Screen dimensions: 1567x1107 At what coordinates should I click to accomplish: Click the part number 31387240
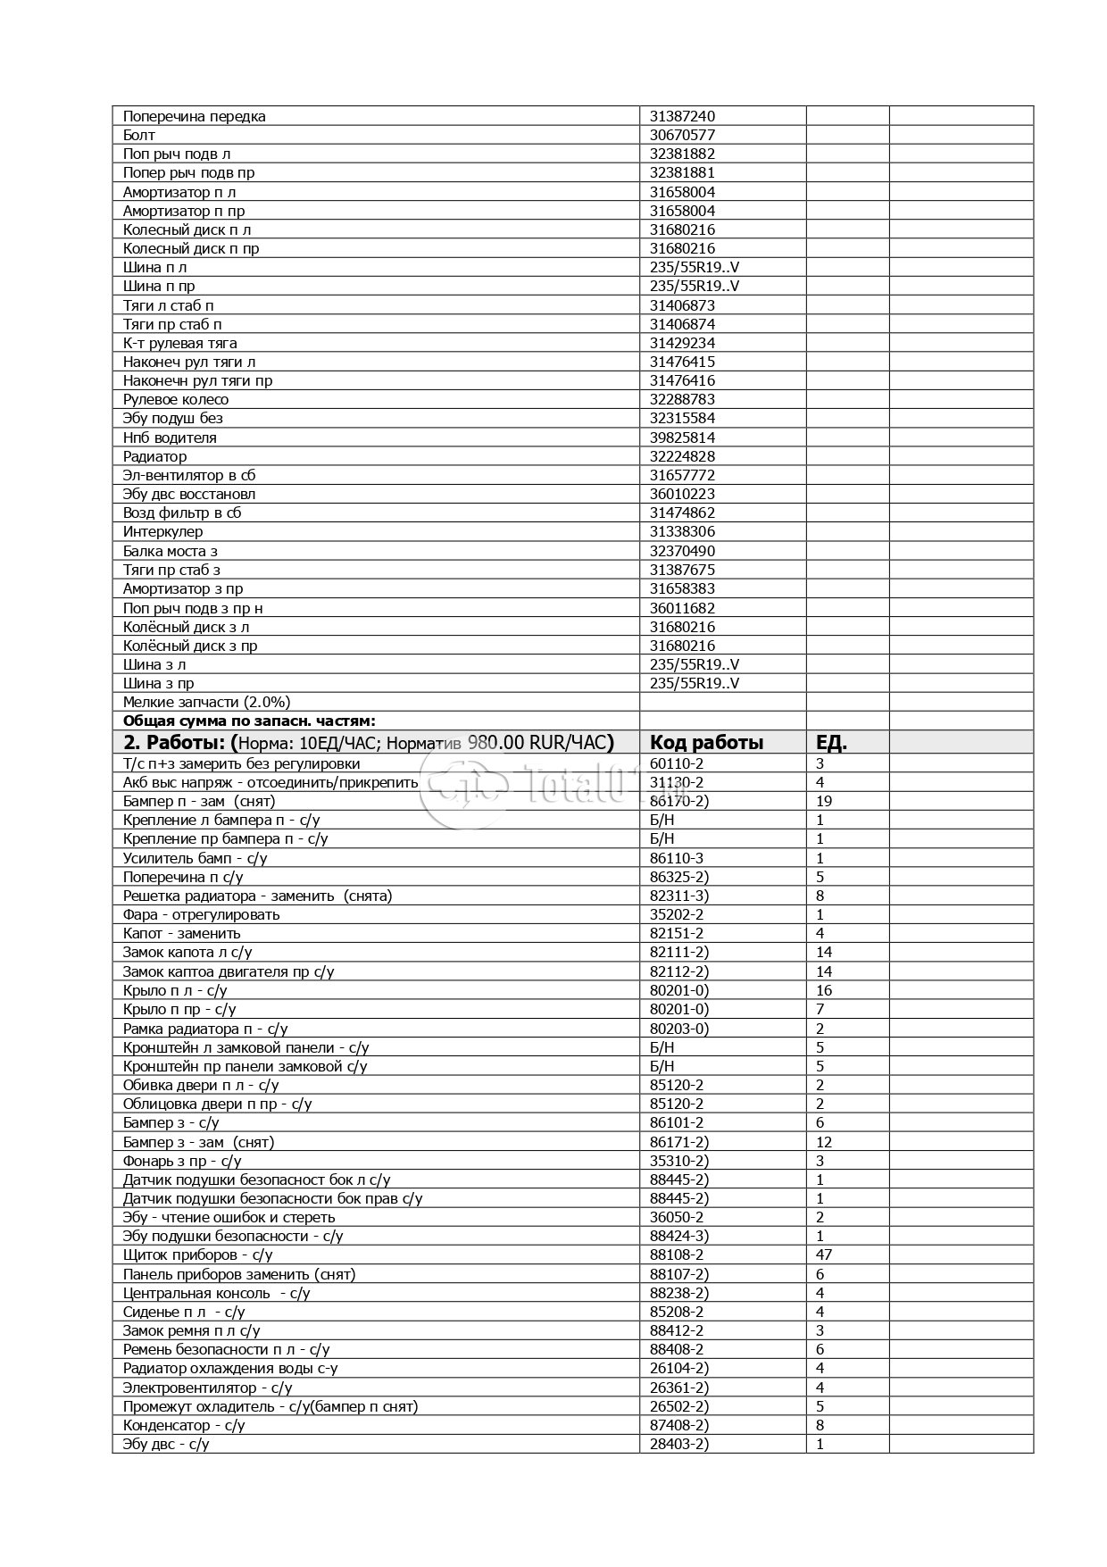(682, 116)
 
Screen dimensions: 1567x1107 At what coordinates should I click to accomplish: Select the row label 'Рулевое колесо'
(176, 399)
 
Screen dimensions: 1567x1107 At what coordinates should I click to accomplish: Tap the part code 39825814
(682, 438)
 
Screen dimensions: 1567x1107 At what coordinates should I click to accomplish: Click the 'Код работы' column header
(706, 742)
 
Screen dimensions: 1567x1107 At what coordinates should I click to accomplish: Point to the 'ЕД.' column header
(831, 742)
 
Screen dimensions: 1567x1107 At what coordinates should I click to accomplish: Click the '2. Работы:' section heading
(175, 742)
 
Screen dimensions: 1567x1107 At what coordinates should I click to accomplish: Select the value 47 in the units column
(824, 1254)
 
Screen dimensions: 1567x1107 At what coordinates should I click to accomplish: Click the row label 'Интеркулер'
(162, 531)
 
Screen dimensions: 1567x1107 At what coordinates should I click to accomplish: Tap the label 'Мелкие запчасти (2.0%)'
(206, 702)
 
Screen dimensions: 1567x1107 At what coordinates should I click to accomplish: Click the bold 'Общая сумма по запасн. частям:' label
(249, 721)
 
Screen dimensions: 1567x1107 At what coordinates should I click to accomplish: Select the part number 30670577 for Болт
(682, 135)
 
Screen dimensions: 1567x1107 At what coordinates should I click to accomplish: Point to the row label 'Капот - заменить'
(182, 933)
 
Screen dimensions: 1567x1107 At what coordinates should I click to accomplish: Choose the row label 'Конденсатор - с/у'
(184, 1425)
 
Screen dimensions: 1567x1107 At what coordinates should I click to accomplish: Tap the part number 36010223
(682, 494)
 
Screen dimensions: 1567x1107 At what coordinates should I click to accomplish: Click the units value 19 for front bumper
(824, 801)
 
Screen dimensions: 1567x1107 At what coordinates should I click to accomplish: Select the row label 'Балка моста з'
(171, 551)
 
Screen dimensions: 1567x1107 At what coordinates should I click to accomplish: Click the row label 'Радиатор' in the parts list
(155, 456)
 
